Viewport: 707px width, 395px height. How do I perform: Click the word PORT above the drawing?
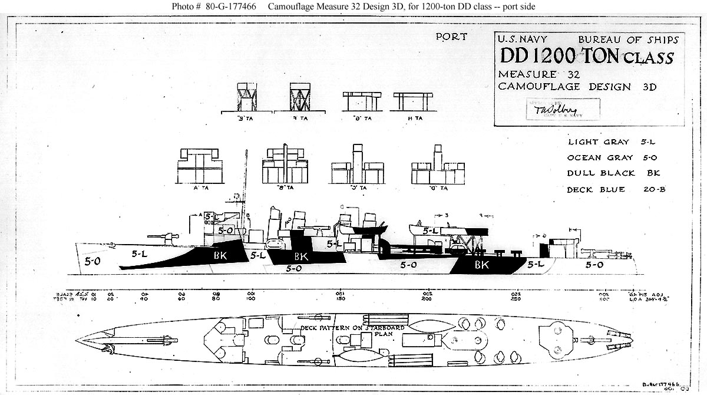click(451, 37)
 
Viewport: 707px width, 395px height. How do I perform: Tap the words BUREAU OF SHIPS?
click(628, 40)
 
